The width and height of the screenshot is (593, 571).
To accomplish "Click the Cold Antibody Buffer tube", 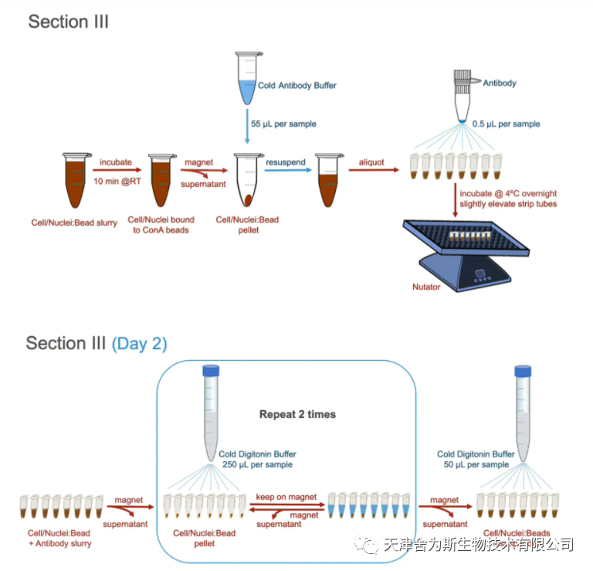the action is [x=248, y=78].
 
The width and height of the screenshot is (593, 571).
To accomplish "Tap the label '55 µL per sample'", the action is [x=283, y=124].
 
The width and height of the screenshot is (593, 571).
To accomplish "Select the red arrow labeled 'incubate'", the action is [x=117, y=170].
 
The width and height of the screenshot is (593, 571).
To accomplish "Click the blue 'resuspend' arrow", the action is [x=288, y=170].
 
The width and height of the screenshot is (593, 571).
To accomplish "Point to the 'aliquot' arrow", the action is [x=374, y=170].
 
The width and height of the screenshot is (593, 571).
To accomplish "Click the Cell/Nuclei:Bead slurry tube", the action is [x=76, y=180].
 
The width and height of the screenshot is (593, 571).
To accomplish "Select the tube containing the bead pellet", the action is [x=248, y=180].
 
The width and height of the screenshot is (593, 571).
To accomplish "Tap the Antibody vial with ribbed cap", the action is [x=463, y=96].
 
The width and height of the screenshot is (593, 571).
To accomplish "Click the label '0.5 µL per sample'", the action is [x=506, y=124].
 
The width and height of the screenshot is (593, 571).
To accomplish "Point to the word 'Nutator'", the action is [x=426, y=287].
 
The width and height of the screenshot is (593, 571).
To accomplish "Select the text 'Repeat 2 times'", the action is [x=297, y=414].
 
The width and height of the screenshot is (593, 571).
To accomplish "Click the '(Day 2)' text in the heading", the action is [x=139, y=344].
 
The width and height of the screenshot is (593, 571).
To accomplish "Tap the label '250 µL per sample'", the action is [x=257, y=464].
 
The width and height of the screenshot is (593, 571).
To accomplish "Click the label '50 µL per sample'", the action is [x=476, y=464].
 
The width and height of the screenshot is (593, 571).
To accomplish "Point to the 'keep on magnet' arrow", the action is [x=287, y=505].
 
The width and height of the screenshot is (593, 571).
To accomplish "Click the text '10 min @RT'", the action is [x=117, y=182].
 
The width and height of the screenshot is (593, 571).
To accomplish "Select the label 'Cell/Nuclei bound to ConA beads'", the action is [x=161, y=225].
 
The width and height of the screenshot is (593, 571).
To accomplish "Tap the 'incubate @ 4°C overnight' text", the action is [x=508, y=193].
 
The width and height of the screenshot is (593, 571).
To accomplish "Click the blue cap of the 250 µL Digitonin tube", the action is [x=211, y=370].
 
